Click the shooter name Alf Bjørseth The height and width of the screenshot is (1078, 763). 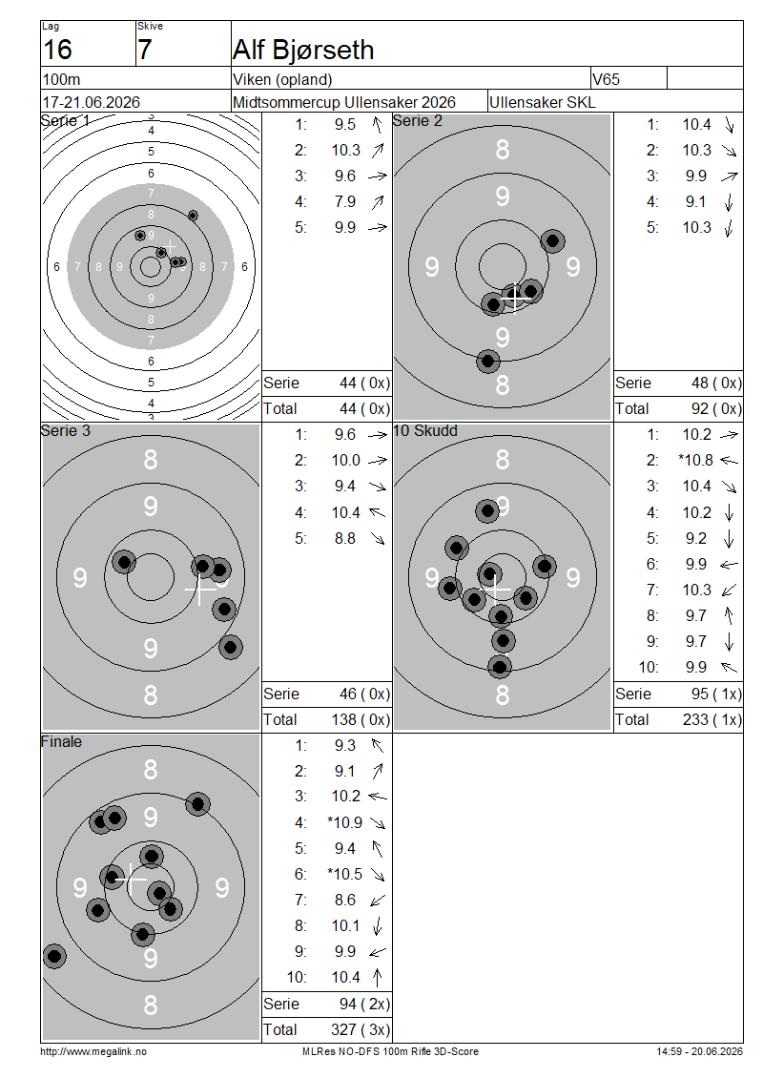(303, 51)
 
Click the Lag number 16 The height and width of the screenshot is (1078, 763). (57, 51)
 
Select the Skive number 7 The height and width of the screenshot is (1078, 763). (144, 51)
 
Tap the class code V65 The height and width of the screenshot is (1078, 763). (606, 79)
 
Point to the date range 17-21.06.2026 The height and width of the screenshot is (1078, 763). (91, 102)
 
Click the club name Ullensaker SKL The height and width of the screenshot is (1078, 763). (543, 102)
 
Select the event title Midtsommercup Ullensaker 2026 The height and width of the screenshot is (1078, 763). (343, 102)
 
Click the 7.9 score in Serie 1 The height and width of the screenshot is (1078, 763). (345, 202)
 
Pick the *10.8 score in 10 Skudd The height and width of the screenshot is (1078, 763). (695, 461)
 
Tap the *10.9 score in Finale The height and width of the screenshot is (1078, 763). (344, 823)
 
